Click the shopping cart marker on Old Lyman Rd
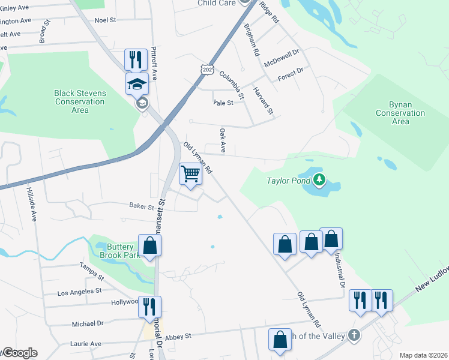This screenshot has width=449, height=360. coord(191,175)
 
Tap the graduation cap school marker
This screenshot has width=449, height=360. coord(137,84)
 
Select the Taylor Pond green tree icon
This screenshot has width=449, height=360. coord(320,179)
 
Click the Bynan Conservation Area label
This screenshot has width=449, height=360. coord(400,113)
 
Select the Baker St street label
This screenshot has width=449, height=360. coord(142,206)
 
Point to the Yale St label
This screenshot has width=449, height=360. coord(223,103)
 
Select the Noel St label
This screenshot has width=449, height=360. coord(105,20)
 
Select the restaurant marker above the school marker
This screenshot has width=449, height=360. coord(136,59)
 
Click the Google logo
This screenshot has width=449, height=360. coord(19,353)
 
